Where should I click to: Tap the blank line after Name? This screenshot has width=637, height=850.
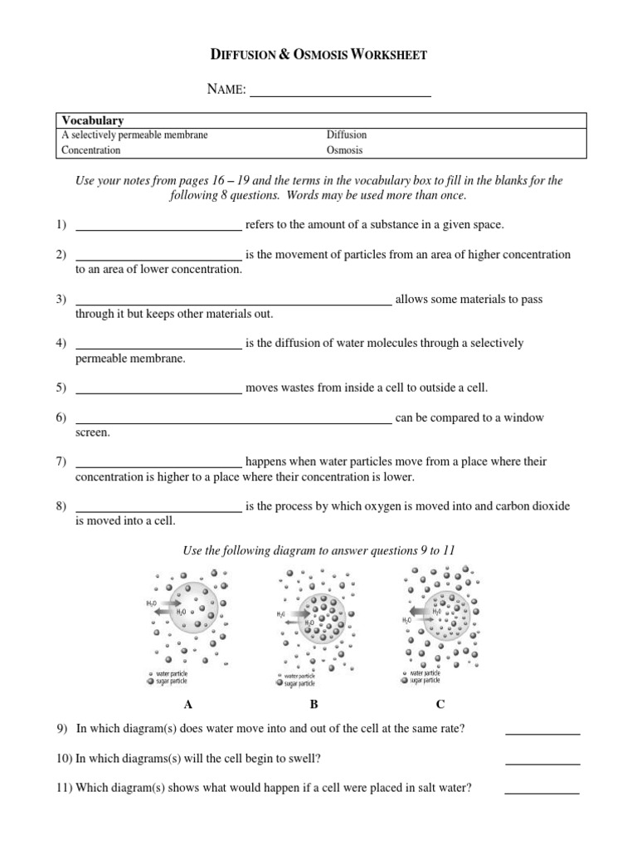pos(340,94)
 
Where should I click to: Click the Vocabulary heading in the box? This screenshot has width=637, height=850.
pos(93,121)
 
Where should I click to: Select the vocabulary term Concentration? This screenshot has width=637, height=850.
pos(91,150)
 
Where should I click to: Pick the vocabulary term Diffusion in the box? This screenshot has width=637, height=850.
pos(347,134)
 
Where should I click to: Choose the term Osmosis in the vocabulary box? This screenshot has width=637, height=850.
pos(345,150)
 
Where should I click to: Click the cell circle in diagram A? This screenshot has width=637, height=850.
pos(190,614)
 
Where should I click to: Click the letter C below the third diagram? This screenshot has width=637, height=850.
pos(440,705)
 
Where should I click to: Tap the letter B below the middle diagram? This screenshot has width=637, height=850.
pos(314,705)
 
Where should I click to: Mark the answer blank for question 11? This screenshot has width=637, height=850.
pos(542,790)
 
